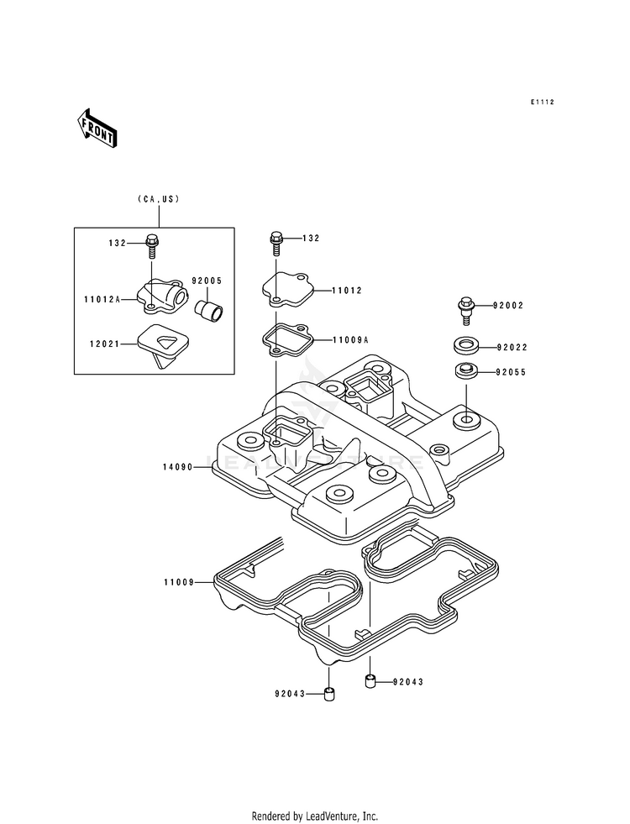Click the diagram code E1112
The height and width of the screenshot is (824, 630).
click(542, 102)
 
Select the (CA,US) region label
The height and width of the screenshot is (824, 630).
click(159, 199)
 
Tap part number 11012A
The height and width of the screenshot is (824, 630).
click(102, 300)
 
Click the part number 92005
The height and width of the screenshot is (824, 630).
click(207, 281)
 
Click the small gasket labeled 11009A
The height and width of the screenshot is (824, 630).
click(288, 340)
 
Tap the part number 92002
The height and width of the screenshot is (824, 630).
click(508, 305)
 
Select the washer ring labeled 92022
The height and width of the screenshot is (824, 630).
click(465, 348)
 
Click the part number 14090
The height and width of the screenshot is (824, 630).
click(179, 467)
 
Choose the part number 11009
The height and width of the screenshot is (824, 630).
click(179, 582)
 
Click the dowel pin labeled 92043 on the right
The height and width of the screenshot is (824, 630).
click(370, 681)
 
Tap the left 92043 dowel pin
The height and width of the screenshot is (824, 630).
click(329, 694)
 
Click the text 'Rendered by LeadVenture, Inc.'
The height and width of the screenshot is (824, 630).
click(315, 816)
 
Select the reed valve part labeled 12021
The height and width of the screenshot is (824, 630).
click(160, 344)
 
